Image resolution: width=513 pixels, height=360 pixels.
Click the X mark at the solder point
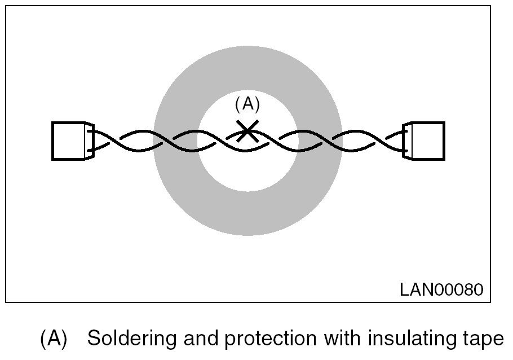pos(247,131)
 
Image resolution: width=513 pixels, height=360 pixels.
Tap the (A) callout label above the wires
pos(247,105)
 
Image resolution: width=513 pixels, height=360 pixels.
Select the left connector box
pos(68,141)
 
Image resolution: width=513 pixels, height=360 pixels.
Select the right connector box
pos(428,141)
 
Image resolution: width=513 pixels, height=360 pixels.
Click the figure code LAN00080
pos(441,289)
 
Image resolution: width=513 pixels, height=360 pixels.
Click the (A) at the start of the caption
pos(54,339)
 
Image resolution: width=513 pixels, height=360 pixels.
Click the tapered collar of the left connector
pos(90,141)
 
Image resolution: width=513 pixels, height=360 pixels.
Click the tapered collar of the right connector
pos(408,141)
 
